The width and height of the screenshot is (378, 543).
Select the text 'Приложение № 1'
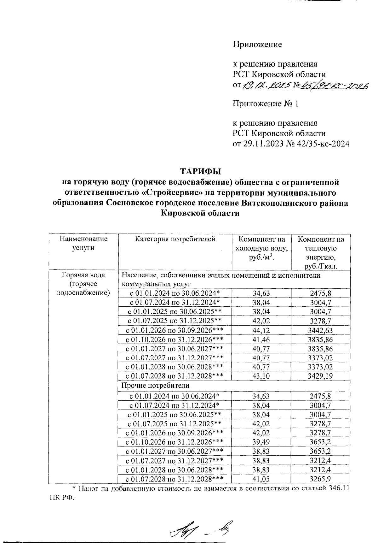pos(265,103)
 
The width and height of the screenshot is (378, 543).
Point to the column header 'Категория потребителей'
pos(175,239)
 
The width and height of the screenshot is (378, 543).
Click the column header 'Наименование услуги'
pos(83,243)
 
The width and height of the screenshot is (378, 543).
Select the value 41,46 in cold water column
pos(261,339)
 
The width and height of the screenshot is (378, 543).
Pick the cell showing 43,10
pos(261,376)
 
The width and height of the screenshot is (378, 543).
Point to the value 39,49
pos(261,442)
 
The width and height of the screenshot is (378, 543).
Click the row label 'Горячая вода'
pos(83,275)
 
